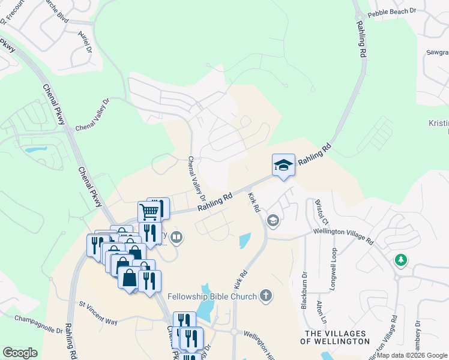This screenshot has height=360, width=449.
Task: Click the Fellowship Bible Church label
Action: [212, 296]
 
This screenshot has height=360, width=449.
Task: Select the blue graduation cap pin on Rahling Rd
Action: [283, 165]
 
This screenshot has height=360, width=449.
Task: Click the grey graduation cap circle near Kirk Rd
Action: [273, 221]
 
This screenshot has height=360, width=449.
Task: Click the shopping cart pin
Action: [149, 211]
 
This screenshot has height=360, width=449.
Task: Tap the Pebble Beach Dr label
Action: [391, 11]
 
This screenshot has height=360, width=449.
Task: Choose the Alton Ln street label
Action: [324, 313]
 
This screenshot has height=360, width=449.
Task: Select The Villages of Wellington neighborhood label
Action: [337, 337]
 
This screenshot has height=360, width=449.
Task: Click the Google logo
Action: [20, 353]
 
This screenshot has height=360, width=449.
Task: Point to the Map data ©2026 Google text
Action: [412, 355]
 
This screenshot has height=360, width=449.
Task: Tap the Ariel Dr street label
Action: [83, 41]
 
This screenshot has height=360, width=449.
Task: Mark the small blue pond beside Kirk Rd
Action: [245, 241]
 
